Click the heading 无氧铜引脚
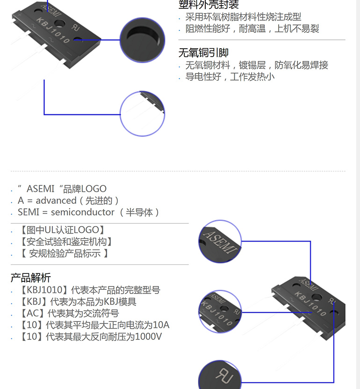(203, 52)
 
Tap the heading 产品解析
(31, 278)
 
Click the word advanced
(56, 200)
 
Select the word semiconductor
(82, 212)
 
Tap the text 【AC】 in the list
(33, 313)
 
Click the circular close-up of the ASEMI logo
(220, 242)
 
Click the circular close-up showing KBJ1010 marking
(220, 312)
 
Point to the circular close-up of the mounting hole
(143, 40)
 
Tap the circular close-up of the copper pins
(143, 114)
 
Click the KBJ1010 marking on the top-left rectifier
(53, 30)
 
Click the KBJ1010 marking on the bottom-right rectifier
(310, 304)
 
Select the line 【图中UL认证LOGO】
(62, 230)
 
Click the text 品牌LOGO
(85, 189)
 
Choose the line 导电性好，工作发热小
(230, 77)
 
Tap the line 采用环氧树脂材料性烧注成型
(243, 17)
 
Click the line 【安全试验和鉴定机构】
(66, 242)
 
